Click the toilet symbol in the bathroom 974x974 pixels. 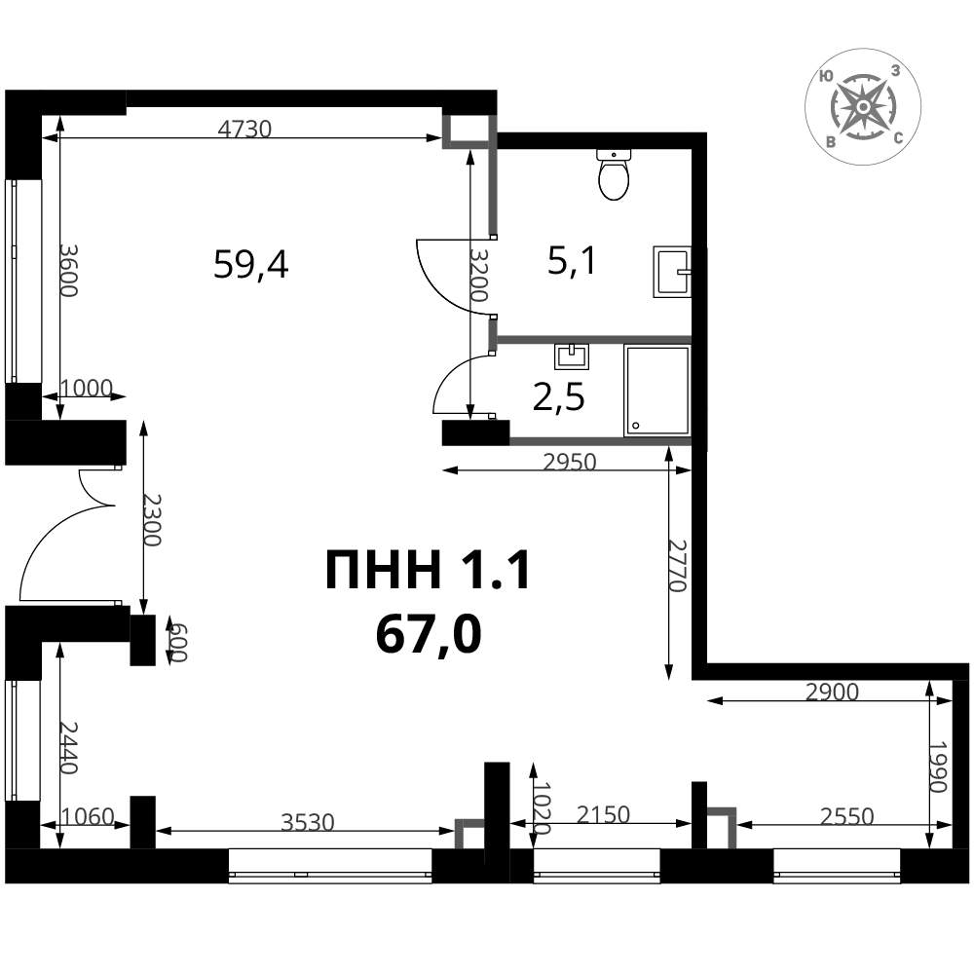[x=614, y=174]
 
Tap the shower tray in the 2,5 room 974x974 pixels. [x=657, y=391]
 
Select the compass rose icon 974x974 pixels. [x=862, y=107]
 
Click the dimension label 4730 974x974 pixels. [x=244, y=129]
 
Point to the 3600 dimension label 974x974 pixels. [x=68, y=270]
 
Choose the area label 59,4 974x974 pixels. [x=250, y=264]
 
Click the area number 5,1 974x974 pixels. [x=572, y=260]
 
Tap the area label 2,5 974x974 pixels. [x=558, y=397]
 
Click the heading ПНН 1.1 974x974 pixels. [x=428, y=571]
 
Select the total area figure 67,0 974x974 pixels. [x=429, y=635]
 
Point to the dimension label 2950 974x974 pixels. [x=569, y=462]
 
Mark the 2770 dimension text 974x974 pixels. [x=677, y=565]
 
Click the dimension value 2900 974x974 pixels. [x=832, y=692]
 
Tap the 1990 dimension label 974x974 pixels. [x=937, y=767]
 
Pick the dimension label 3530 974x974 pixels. [x=308, y=822]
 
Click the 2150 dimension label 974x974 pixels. [x=603, y=814]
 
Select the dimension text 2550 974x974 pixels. [x=846, y=815]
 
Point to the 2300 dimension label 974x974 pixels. [x=152, y=520]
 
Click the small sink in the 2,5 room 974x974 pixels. [x=572, y=356]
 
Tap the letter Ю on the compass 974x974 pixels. [x=826, y=76]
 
